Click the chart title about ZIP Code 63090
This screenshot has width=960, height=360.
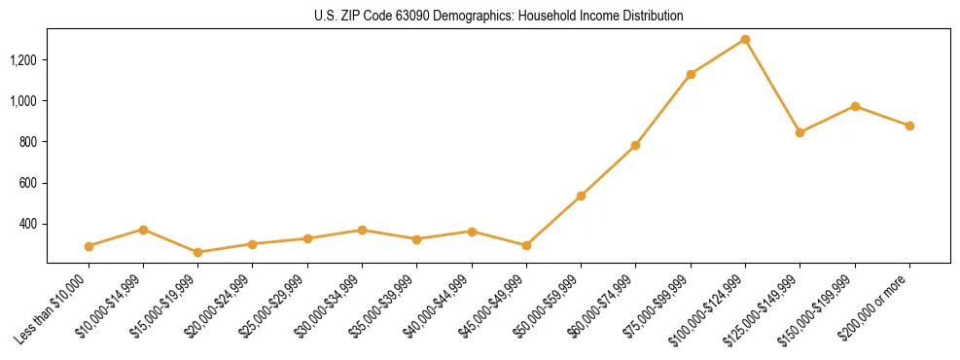click(499, 17)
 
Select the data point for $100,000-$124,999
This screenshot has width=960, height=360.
click(745, 39)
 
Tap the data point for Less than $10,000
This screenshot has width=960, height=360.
click(89, 246)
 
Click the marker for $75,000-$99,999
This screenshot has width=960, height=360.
click(691, 74)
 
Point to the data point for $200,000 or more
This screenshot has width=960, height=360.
click(909, 126)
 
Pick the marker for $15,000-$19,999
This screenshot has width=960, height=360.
click(198, 252)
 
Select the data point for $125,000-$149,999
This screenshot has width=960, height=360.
click(800, 132)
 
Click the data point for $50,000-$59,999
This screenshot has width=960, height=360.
click(581, 196)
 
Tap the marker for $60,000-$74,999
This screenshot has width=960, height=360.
click(635, 145)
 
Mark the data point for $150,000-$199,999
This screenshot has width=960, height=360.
click(855, 106)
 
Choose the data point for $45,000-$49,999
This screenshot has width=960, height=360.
click(526, 245)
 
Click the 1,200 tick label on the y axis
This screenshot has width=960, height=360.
click(23, 60)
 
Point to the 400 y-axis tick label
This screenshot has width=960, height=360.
click(28, 224)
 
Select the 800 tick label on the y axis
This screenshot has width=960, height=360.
click(28, 142)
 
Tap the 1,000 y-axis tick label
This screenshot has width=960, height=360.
click(23, 101)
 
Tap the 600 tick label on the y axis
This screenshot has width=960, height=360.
click(28, 183)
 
